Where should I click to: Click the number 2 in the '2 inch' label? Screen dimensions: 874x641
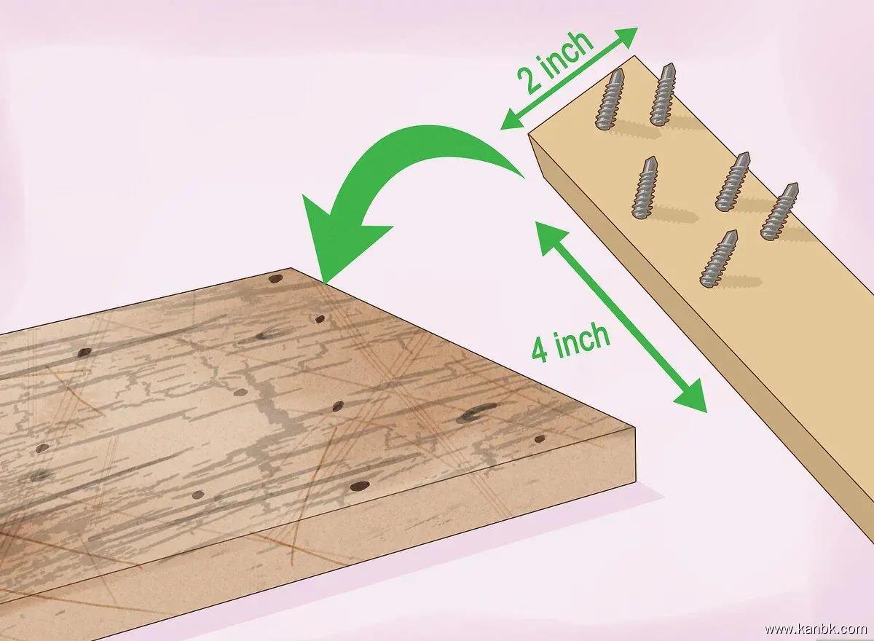529,80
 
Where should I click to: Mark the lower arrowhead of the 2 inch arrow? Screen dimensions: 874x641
512,119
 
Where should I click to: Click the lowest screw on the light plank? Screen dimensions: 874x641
718,259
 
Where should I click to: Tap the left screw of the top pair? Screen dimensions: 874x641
610,99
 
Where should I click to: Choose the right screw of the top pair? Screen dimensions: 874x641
663,94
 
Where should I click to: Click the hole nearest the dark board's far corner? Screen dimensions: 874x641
275,279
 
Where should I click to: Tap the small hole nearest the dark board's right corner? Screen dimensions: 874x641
540,439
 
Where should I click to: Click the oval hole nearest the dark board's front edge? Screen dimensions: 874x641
359,486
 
